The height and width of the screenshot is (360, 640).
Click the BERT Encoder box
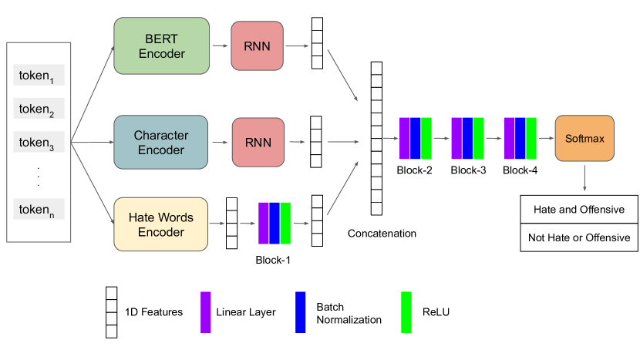click(161, 45)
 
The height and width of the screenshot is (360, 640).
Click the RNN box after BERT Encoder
click(257, 46)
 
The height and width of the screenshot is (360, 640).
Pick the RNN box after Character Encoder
click(257, 143)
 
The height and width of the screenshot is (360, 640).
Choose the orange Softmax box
click(584, 139)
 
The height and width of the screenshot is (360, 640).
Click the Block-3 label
click(468, 170)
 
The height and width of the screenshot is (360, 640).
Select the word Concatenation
click(382, 233)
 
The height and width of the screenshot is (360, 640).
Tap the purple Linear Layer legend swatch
click(206, 312)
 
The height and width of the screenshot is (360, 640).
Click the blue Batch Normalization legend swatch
click(301, 312)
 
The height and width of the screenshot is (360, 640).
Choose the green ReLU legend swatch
click(406, 312)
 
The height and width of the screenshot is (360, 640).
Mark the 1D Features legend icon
click(112, 312)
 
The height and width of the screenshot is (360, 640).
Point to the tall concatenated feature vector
click(376, 139)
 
